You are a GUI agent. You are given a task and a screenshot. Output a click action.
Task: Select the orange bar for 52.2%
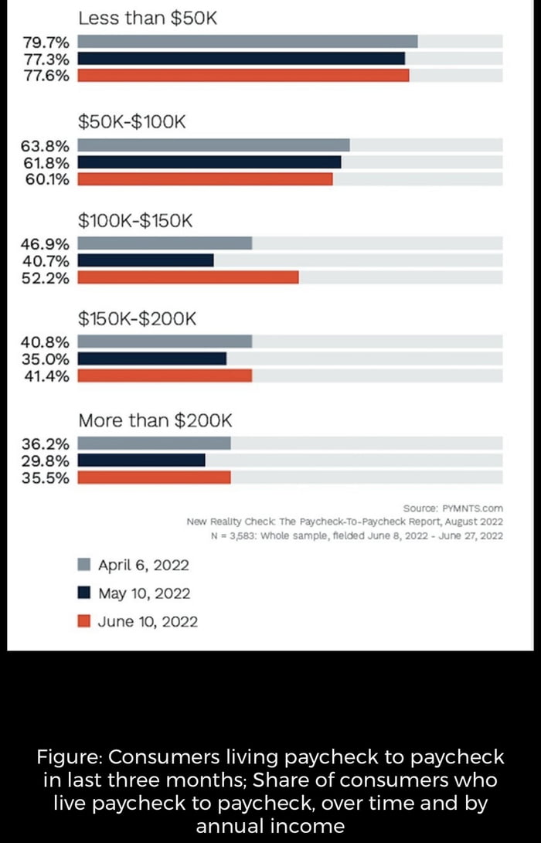pyautogui.click(x=188, y=277)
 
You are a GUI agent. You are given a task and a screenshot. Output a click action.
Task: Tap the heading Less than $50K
pyautogui.click(x=148, y=17)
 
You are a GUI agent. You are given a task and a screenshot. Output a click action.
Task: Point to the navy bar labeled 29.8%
pyautogui.click(x=141, y=461)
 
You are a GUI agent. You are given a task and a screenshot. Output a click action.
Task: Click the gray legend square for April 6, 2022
pyautogui.click(x=85, y=564)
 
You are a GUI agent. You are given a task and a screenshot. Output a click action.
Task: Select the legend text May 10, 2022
pyautogui.click(x=144, y=593)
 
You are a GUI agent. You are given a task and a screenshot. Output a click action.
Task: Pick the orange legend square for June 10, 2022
pyautogui.click(x=85, y=621)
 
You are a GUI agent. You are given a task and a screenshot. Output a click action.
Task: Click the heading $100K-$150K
pyautogui.click(x=134, y=221)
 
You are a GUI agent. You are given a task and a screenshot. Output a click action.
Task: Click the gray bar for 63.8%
pyautogui.click(x=213, y=145)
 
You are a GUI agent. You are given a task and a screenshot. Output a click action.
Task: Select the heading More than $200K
pyautogui.click(x=155, y=420)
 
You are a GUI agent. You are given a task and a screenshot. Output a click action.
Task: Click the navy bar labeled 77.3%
pyautogui.click(x=241, y=59)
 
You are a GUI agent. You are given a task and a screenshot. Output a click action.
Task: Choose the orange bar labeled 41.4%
pyautogui.click(x=165, y=376)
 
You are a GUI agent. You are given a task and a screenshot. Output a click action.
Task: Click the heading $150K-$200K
pyautogui.click(x=138, y=318)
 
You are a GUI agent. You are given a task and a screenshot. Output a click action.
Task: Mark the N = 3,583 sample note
pyautogui.click(x=356, y=535)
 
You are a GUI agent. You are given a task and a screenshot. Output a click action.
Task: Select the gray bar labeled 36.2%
pyautogui.click(x=154, y=444)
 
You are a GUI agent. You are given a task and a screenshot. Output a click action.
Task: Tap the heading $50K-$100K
pyautogui.click(x=132, y=121)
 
